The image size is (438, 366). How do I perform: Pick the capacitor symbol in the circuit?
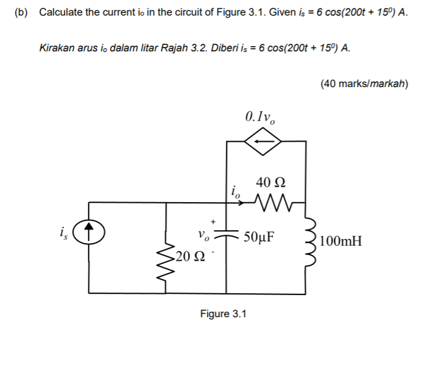click(x=226, y=236)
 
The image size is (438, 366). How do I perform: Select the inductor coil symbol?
click(x=309, y=241)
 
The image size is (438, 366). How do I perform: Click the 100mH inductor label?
click(x=342, y=242)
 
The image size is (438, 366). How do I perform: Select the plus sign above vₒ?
click(x=212, y=222)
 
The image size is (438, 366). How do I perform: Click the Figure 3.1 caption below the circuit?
click(x=223, y=315)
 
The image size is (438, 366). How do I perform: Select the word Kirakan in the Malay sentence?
click(x=58, y=49)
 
